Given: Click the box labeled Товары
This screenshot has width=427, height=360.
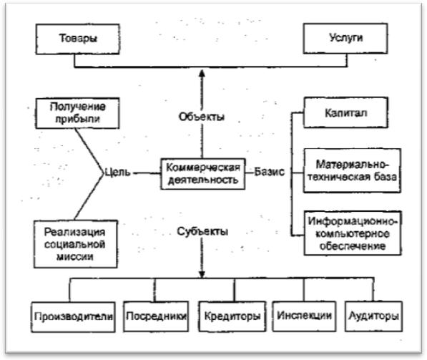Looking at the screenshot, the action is (78, 39).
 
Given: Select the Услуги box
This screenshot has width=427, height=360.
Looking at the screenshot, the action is (345, 38).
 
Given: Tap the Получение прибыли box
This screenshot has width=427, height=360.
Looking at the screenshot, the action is (77, 113).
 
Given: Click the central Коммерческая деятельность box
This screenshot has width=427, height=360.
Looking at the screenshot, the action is (203, 174).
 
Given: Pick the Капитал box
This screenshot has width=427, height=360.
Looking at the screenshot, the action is (346, 112).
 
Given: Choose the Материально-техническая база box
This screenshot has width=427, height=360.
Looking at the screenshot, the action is (352, 170).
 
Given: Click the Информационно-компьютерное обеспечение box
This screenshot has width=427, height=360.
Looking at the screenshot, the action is (353, 233).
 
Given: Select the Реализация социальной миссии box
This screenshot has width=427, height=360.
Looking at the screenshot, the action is (76, 244).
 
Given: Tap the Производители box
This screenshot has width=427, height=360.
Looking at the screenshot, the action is (73, 317).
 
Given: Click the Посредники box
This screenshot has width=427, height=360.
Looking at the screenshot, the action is (156, 316).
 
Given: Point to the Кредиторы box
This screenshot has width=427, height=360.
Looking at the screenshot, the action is (232, 316).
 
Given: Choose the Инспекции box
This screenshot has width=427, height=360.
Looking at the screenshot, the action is (304, 316).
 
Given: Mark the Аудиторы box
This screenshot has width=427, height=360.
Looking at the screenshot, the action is (373, 316).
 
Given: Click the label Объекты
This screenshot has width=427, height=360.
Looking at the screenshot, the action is (202, 117).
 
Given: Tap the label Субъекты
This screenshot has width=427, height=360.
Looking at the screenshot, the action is (202, 231).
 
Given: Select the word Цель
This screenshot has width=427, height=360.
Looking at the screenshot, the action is (117, 172).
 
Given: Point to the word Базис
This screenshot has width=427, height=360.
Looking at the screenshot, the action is (270, 172).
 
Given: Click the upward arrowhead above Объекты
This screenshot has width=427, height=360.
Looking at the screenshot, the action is (202, 73).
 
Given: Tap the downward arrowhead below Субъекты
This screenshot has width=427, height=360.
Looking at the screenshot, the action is (202, 274).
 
